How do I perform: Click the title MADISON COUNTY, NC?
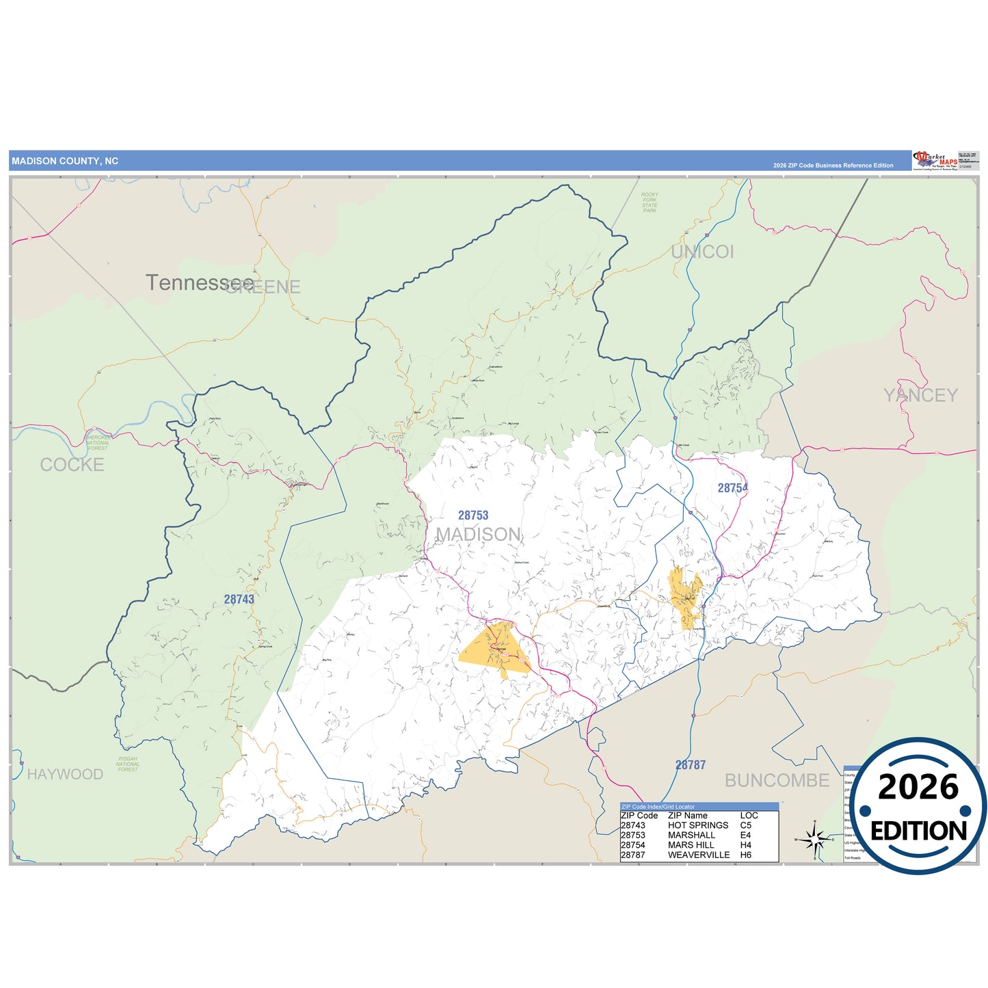tap(65, 161)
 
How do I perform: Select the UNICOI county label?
tap(702, 252)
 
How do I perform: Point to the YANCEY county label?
tap(920, 395)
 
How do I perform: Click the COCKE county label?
tap(72, 465)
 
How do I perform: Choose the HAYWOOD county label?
tap(65, 774)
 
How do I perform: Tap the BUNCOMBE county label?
tap(777, 780)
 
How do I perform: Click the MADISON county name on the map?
tap(479, 534)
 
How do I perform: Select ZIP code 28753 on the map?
tap(473, 516)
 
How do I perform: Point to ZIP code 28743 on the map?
tap(239, 600)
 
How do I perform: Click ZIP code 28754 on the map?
tap(732, 488)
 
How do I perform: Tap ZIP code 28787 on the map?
tap(690, 765)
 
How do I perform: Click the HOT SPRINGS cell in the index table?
tap(698, 825)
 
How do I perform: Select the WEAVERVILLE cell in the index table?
tap(698, 855)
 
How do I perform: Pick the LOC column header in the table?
tap(749, 816)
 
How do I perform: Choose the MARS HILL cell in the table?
tap(691, 845)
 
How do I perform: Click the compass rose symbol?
tap(814, 839)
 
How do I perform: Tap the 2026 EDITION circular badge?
tap(918, 807)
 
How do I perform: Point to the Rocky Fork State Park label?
tap(650, 202)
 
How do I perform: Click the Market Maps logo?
tap(935, 161)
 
